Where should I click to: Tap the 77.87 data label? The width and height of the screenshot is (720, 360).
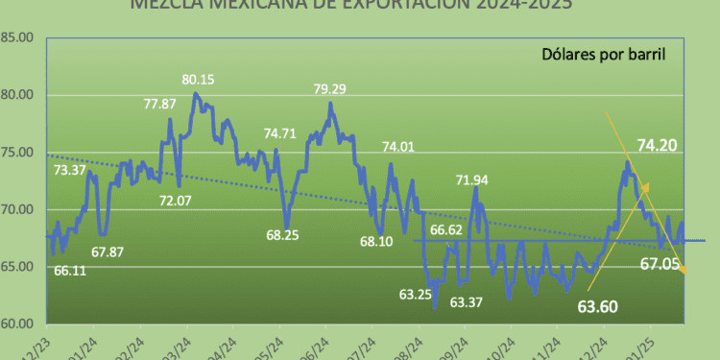point(160,105)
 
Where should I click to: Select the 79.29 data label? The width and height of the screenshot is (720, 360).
point(332,89)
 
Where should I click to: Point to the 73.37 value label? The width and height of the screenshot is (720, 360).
point(70,170)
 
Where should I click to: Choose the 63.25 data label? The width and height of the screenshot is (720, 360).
point(414,295)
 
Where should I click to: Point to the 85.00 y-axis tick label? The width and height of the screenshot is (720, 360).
point(17,38)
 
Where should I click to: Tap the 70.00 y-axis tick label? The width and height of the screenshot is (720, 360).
point(17,209)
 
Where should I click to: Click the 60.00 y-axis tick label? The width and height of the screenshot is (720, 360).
point(17,324)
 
